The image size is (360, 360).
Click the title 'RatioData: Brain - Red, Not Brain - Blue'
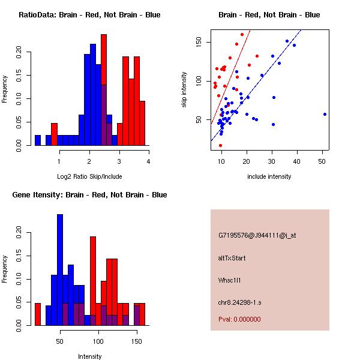click(89, 14)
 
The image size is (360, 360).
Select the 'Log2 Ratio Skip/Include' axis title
click(89, 176)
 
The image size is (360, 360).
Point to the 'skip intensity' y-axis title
click(185, 90)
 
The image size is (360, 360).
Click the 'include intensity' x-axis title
click(269, 176)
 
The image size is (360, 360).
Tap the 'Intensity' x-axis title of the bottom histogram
click(90, 356)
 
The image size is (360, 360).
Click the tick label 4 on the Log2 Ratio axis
click(148, 161)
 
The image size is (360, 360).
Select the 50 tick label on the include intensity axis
click(322, 161)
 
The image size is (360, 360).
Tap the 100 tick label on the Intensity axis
click(98, 341)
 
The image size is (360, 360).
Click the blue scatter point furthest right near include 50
click(325, 114)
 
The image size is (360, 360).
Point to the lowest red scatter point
click(220, 145)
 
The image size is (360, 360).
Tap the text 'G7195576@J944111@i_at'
click(257, 235)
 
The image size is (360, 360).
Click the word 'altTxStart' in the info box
click(232, 258)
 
